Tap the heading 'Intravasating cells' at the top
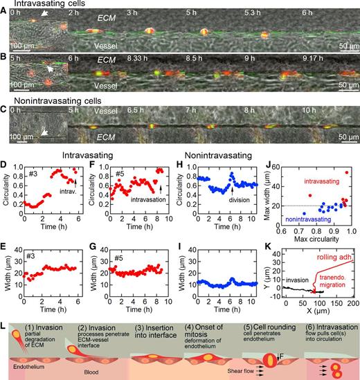pos(35,6)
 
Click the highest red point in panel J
pos(347,172)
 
